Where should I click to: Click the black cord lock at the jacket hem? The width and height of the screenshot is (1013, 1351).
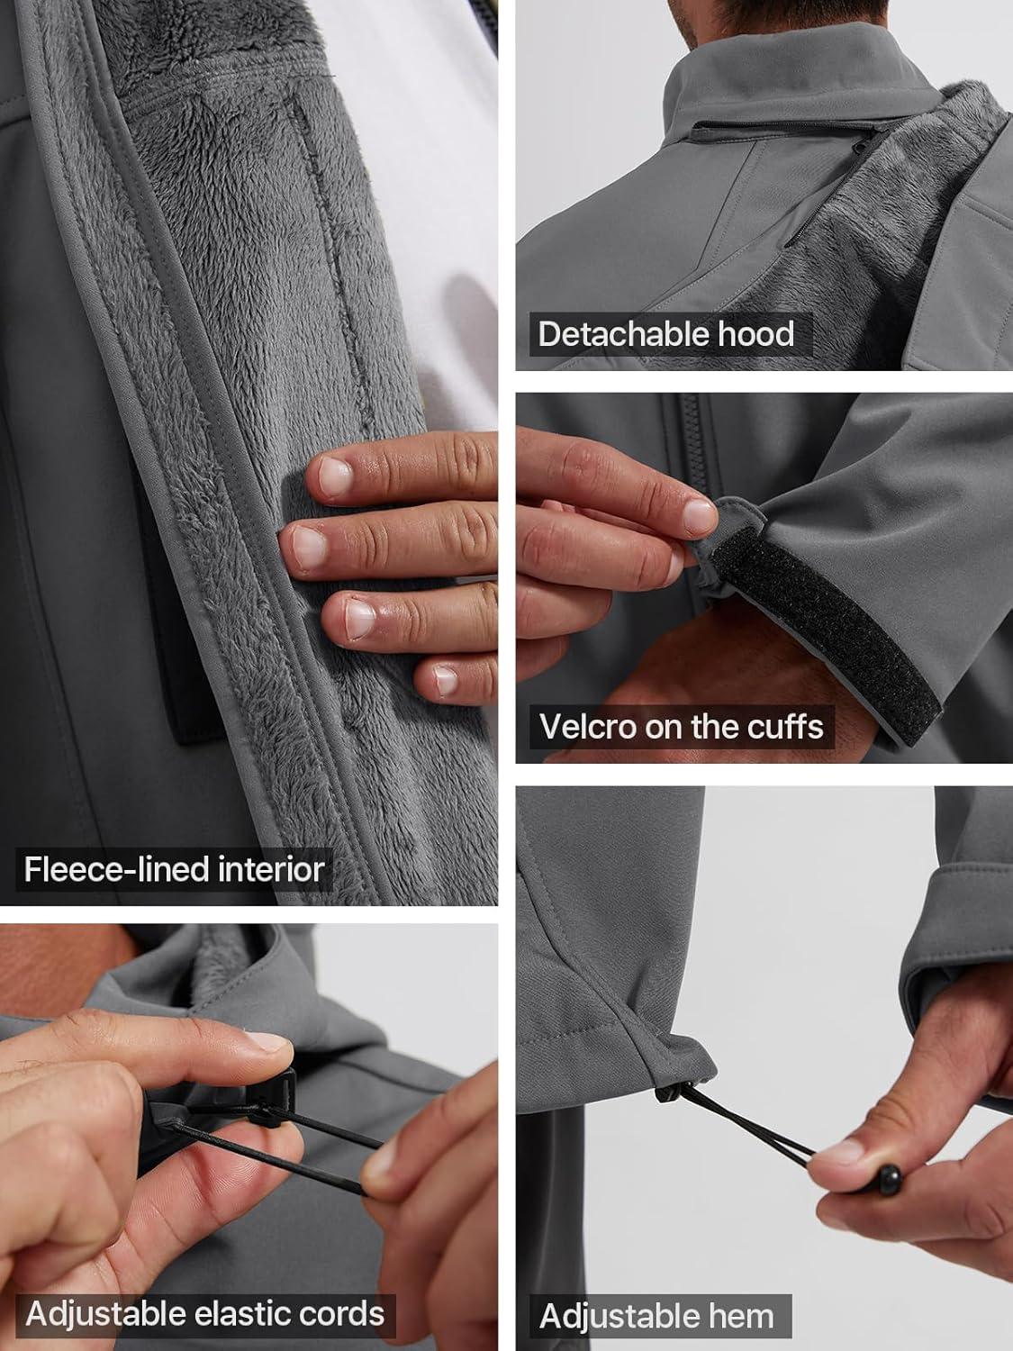(x=672, y=1092)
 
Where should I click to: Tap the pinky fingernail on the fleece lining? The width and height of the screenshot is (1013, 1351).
(x=446, y=680)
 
